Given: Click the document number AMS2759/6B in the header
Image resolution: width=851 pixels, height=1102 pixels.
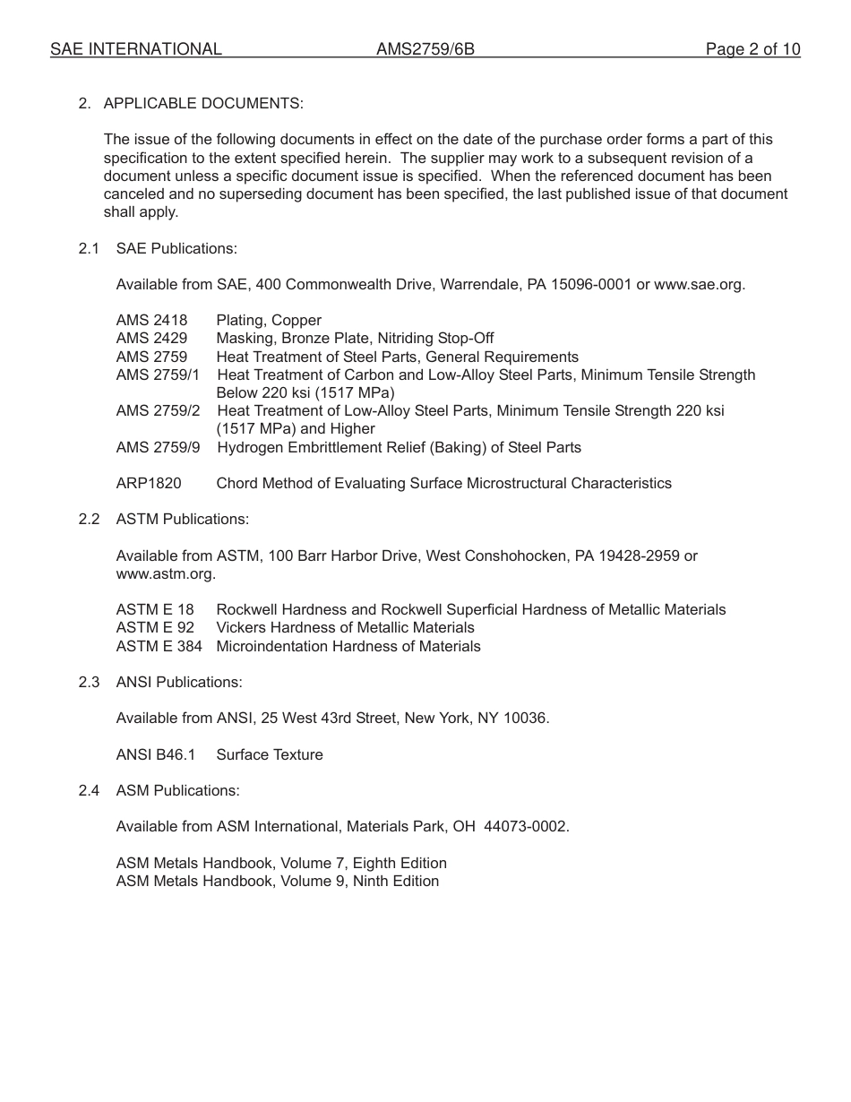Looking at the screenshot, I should click(425, 49).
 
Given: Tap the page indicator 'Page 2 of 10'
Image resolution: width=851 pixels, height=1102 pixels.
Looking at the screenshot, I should click(752, 49).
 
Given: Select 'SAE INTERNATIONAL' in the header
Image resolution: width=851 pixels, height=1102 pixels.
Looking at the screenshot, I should click(136, 49).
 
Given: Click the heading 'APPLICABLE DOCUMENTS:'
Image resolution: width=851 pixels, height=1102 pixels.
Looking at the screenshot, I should click(203, 103).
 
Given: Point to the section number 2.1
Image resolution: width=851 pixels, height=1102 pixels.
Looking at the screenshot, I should click(88, 248).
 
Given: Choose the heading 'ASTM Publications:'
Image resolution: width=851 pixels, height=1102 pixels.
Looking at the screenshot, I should click(183, 519).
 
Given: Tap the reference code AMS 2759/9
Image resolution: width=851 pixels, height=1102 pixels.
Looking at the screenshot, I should click(159, 447).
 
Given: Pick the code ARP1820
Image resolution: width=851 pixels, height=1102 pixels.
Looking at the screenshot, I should click(149, 483).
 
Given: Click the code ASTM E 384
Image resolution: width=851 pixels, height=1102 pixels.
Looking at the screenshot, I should click(159, 646).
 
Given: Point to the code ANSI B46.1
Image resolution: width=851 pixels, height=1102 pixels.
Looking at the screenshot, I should click(155, 754).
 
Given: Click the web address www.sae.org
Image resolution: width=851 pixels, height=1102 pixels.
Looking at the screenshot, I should click(699, 284).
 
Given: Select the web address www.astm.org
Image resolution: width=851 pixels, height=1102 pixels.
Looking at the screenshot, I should click(165, 573).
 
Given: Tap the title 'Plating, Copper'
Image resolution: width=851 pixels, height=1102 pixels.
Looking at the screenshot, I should click(269, 320).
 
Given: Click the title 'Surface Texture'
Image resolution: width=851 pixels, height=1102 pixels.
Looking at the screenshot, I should click(270, 754).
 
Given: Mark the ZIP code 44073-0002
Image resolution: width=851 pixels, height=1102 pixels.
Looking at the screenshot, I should click(525, 826).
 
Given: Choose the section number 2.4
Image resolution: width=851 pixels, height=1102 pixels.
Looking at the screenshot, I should click(88, 790).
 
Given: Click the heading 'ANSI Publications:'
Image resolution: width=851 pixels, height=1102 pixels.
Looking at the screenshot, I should click(179, 682).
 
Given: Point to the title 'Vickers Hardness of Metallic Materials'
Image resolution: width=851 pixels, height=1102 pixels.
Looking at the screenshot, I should click(345, 627).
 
